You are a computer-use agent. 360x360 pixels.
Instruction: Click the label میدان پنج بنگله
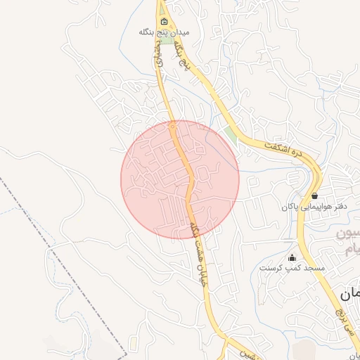[x=164, y=32]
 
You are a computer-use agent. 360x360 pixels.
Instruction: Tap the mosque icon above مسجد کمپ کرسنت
[x=292, y=257]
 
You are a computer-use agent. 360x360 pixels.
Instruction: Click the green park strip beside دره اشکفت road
[x=233, y=135]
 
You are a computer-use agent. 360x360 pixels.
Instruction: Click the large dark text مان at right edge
[x=349, y=294]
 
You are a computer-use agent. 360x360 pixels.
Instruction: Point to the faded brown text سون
[x=349, y=234]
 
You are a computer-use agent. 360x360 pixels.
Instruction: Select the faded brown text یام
[x=349, y=247]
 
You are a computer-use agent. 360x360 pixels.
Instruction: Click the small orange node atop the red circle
[x=173, y=126]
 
